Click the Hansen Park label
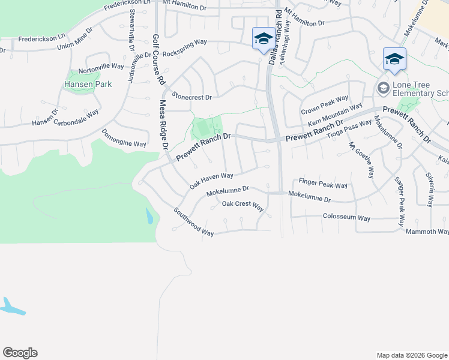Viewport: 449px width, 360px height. tap(88, 85)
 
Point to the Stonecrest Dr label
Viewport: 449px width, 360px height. tap(192, 96)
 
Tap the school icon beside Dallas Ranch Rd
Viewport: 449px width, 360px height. tap(262, 38)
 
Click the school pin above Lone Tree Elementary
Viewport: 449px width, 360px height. tap(394, 59)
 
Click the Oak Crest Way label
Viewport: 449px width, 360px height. tap(243, 205)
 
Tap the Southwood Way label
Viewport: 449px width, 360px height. tap(193, 222)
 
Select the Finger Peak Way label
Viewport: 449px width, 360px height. tap(323, 183)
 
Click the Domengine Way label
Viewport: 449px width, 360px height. tap(124, 139)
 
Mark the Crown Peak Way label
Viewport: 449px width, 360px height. tap(324, 104)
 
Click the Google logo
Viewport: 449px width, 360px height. tap(20, 353)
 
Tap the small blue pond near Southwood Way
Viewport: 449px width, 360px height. tap(149, 216)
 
